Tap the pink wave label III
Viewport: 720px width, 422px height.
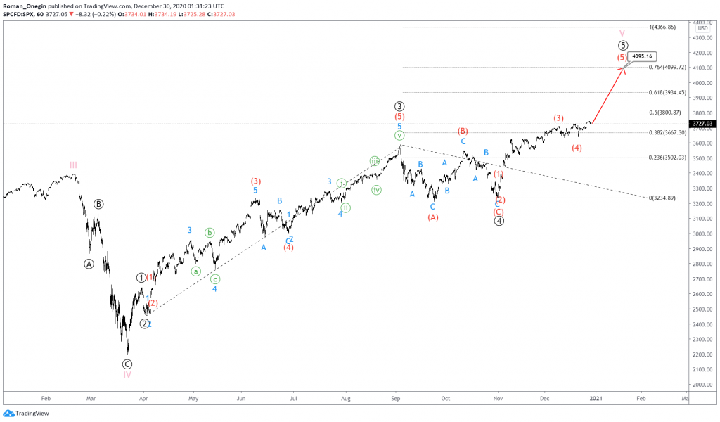73,165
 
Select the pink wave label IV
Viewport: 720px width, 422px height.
127,375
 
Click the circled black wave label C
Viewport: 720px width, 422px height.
127,364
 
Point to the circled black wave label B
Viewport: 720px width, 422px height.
99,204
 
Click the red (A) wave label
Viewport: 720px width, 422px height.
433,217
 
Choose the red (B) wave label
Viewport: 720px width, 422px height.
463,131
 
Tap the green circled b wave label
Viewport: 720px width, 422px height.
210,232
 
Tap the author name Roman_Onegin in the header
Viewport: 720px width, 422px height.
26,5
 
